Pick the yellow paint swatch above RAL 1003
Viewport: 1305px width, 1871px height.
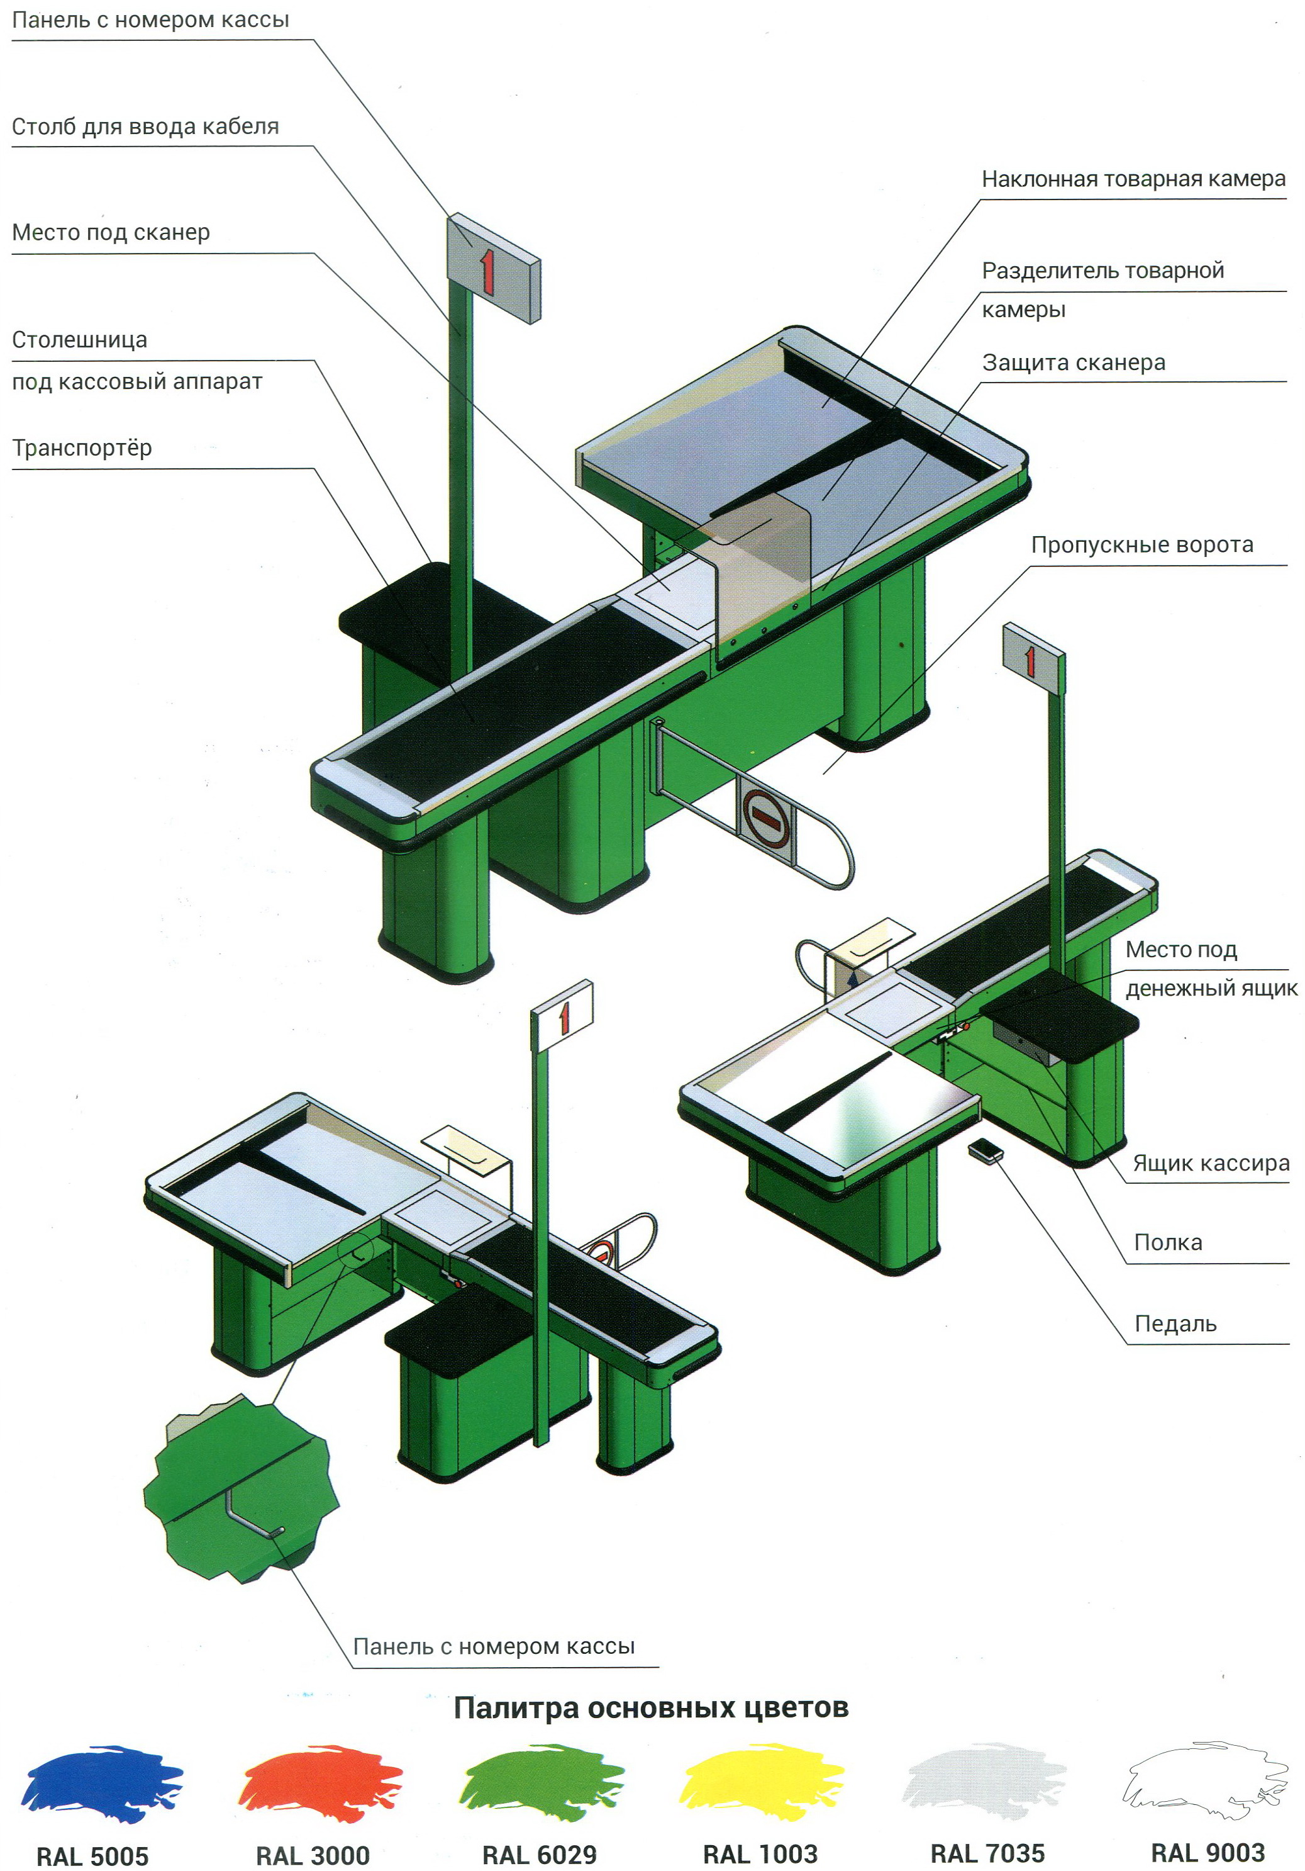click(761, 1782)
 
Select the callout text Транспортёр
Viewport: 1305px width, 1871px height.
click(82, 448)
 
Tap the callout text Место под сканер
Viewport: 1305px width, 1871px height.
click(111, 233)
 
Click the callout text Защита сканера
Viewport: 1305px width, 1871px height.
click(1074, 362)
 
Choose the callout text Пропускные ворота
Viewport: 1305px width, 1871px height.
click(1142, 545)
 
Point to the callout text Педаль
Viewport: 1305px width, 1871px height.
click(1175, 1324)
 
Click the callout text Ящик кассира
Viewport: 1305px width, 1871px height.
click(1211, 1164)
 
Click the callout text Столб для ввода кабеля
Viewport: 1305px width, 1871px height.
click(145, 127)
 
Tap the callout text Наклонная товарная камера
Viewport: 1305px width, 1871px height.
click(1133, 179)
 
